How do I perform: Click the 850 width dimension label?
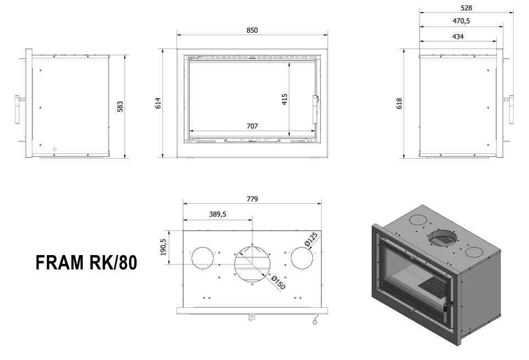(252, 30)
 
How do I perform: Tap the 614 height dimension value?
(158, 103)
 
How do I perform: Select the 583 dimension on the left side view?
(120, 107)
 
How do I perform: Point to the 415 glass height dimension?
(284, 99)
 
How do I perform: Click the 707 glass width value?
(252, 126)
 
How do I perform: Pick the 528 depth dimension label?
(466, 8)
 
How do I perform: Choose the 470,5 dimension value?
(461, 21)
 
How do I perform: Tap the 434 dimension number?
(458, 36)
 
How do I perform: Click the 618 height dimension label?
(399, 103)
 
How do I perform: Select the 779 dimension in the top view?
(252, 199)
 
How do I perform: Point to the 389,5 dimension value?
(218, 214)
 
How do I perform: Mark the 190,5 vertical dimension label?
(164, 247)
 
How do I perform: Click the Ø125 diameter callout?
(311, 239)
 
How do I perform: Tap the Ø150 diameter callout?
(279, 282)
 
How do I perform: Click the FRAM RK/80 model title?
(86, 263)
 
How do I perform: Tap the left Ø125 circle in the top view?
(202, 258)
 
